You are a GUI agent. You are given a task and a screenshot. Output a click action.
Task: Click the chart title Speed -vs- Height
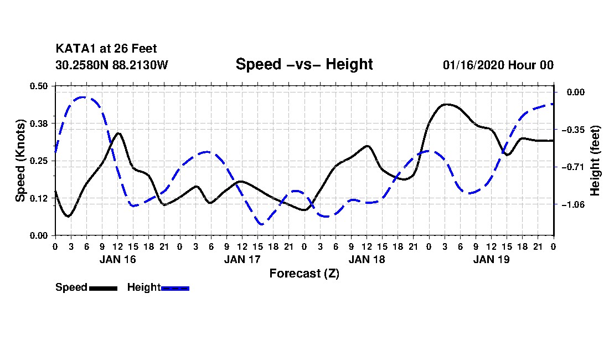point(304,64)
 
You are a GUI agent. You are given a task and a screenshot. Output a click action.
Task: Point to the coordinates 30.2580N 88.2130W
point(112,65)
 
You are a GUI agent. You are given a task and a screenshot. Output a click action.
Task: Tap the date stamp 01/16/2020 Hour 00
point(498,65)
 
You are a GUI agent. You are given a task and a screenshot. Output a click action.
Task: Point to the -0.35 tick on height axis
point(572,130)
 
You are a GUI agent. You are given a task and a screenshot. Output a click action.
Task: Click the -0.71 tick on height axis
point(572,167)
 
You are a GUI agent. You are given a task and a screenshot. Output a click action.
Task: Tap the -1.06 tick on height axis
point(572,204)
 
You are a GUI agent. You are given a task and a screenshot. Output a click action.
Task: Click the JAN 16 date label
point(117,259)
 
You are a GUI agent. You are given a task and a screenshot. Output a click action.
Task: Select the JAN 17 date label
point(242,259)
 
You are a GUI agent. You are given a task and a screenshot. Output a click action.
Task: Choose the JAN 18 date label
point(367,259)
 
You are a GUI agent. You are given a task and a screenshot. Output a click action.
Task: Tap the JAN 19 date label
point(491,259)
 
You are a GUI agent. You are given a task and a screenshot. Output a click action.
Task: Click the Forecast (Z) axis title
point(304,273)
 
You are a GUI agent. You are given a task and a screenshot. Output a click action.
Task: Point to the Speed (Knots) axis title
point(20,161)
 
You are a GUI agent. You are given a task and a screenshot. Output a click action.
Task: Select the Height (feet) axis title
point(596,161)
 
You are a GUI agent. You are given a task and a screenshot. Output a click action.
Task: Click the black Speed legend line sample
point(103,288)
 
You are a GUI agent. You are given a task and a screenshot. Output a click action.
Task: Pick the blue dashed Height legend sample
point(175,288)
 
